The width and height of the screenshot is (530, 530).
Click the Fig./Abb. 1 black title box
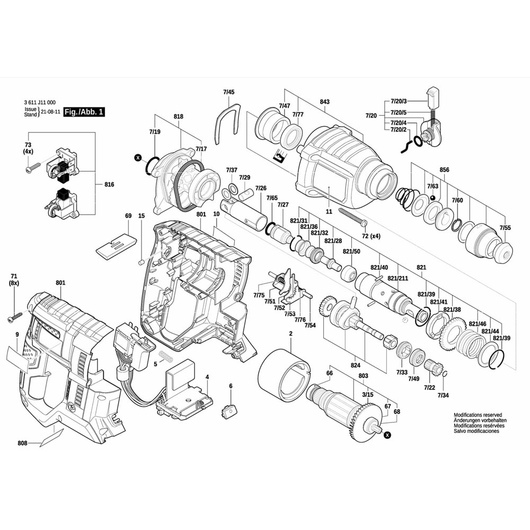[x=84, y=112]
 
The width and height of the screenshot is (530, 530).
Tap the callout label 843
[x=324, y=102]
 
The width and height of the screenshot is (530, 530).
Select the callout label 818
[x=178, y=117]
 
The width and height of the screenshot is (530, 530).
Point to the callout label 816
[x=110, y=184]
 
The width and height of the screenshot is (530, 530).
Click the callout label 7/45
[x=228, y=92]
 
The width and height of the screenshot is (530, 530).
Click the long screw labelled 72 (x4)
[x=349, y=215]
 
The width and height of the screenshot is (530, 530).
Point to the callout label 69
[x=128, y=216]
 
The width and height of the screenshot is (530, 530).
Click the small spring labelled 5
[x=166, y=357]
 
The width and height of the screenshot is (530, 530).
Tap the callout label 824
[x=355, y=365]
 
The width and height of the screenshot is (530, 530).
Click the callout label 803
[x=363, y=376]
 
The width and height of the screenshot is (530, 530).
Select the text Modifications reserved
[x=477, y=415]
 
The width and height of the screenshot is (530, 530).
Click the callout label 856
[x=444, y=170]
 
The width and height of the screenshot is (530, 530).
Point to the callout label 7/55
[x=505, y=228]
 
